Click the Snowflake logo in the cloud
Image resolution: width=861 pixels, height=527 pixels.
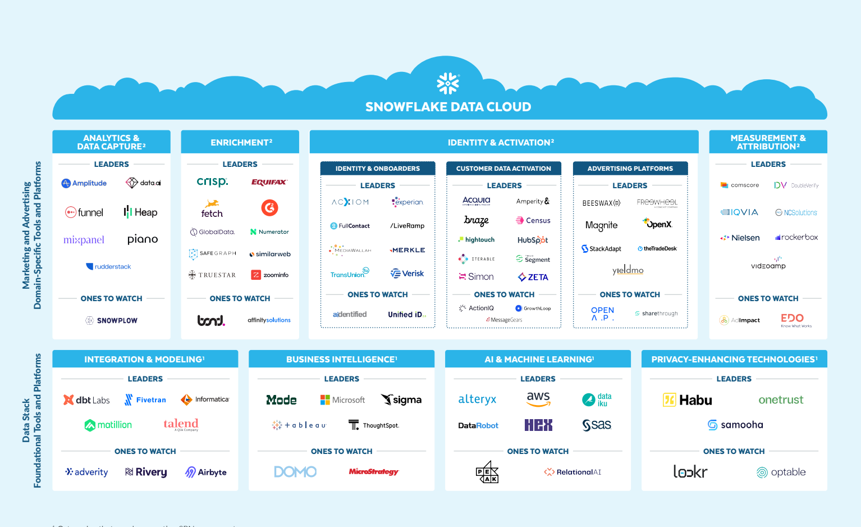(x=448, y=84)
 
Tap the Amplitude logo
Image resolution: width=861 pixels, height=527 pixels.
(x=84, y=183)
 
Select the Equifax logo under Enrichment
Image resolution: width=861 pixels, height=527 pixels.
(x=269, y=182)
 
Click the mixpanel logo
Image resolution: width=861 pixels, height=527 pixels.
(x=84, y=240)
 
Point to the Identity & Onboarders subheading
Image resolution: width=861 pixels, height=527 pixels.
(x=378, y=169)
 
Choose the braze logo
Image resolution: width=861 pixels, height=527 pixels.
(x=477, y=220)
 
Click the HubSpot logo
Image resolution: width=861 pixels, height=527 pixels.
(x=533, y=240)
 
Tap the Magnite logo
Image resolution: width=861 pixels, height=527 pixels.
(x=601, y=225)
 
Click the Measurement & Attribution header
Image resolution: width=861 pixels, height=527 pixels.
(x=768, y=142)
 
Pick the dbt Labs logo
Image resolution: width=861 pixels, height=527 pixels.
(x=86, y=400)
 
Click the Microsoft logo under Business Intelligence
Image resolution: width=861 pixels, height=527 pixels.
(x=342, y=400)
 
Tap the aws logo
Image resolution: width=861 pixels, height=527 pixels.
(x=538, y=399)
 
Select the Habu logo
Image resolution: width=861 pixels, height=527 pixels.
(x=688, y=400)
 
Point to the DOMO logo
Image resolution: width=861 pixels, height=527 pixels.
(x=295, y=472)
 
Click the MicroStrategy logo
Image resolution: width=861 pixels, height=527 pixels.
(x=374, y=472)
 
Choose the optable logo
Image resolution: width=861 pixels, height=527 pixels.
(x=781, y=473)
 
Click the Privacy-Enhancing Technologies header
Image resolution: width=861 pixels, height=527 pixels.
(x=734, y=360)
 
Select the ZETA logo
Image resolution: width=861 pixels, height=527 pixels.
(x=533, y=277)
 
